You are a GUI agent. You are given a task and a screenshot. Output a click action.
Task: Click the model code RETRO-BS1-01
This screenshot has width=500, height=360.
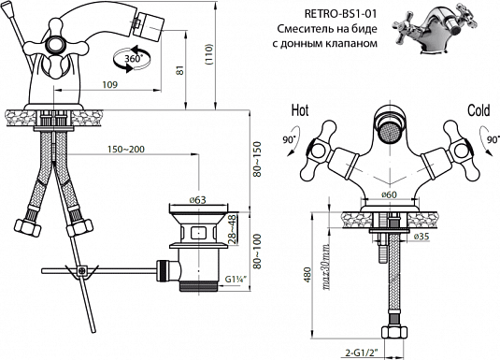tap(340, 14)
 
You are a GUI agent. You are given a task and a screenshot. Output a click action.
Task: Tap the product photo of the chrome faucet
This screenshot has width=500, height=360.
tap(435, 27)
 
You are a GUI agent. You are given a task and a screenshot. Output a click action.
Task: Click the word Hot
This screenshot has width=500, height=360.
tap(300, 110)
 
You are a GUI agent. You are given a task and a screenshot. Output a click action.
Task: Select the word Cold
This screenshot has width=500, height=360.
tap(479, 110)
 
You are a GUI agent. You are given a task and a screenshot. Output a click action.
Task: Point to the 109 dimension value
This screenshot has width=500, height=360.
tap(109, 84)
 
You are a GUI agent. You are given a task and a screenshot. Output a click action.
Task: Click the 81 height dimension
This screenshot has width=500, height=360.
tap(180, 70)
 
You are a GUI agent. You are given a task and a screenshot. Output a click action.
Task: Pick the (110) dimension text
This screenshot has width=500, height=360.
tap(209, 54)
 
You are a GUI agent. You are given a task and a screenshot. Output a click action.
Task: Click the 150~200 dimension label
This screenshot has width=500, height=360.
tap(126, 149)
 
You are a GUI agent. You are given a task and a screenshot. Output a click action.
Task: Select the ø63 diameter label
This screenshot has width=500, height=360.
tap(198, 200)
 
